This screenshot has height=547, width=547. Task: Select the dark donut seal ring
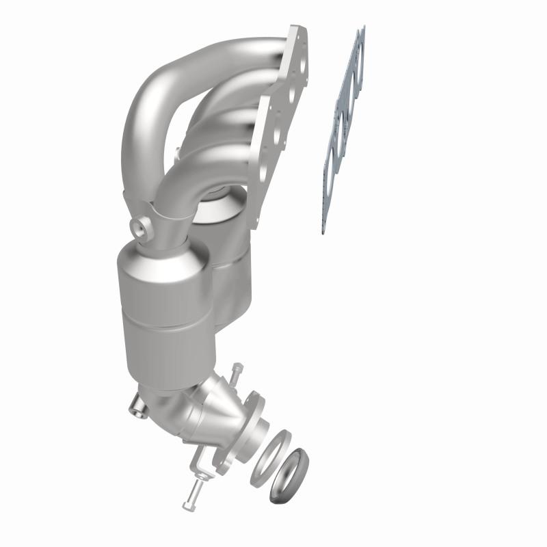288,474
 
